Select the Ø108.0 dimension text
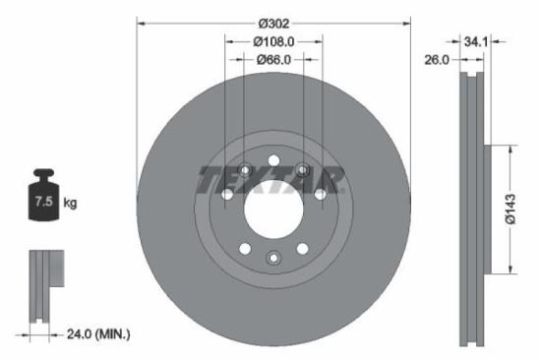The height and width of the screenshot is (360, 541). pyautogui.click(x=273, y=42)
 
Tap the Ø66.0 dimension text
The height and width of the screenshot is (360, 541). pyautogui.click(x=273, y=60)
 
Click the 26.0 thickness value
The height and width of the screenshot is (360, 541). pyautogui.click(x=437, y=60)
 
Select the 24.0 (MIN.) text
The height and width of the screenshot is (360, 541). pyautogui.click(x=94, y=334)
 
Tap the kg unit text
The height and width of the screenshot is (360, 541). pyautogui.click(x=70, y=204)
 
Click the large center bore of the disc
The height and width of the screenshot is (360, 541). pyautogui.click(x=273, y=208)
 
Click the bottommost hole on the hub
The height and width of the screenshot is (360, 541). pyautogui.click(x=273, y=258)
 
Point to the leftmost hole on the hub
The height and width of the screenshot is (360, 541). pyautogui.click(x=228, y=195)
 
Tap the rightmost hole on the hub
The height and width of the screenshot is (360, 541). pyautogui.click(x=319, y=195)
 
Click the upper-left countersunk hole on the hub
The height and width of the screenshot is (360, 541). pyautogui.click(x=246, y=170)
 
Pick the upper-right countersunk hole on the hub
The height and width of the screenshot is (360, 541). pyautogui.click(x=302, y=170)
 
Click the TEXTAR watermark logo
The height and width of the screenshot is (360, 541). pyautogui.click(x=272, y=180)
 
